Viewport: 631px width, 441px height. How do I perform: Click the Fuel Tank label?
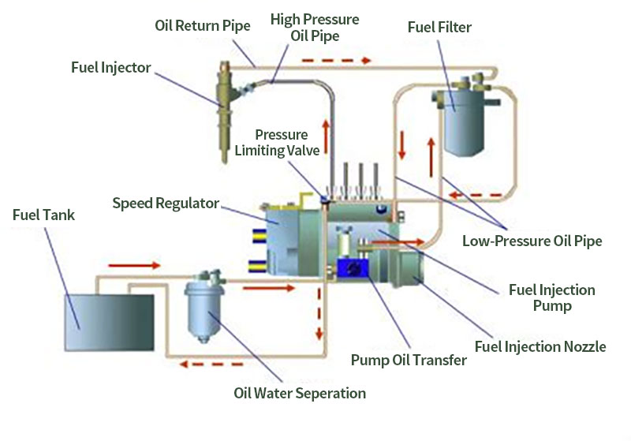click(x=44, y=215)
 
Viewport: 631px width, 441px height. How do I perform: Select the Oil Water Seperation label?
click(x=300, y=393)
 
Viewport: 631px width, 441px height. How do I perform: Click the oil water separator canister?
click(x=207, y=312)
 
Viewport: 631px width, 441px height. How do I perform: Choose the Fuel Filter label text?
click(x=439, y=28)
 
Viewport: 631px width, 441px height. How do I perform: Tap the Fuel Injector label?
click(x=110, y=67)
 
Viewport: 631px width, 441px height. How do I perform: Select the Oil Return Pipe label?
click(x=202, y=26)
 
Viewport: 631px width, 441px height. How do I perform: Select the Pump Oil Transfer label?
click(x=409, y=361)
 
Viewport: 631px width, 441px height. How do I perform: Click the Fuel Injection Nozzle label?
click(x=540, y=346)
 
